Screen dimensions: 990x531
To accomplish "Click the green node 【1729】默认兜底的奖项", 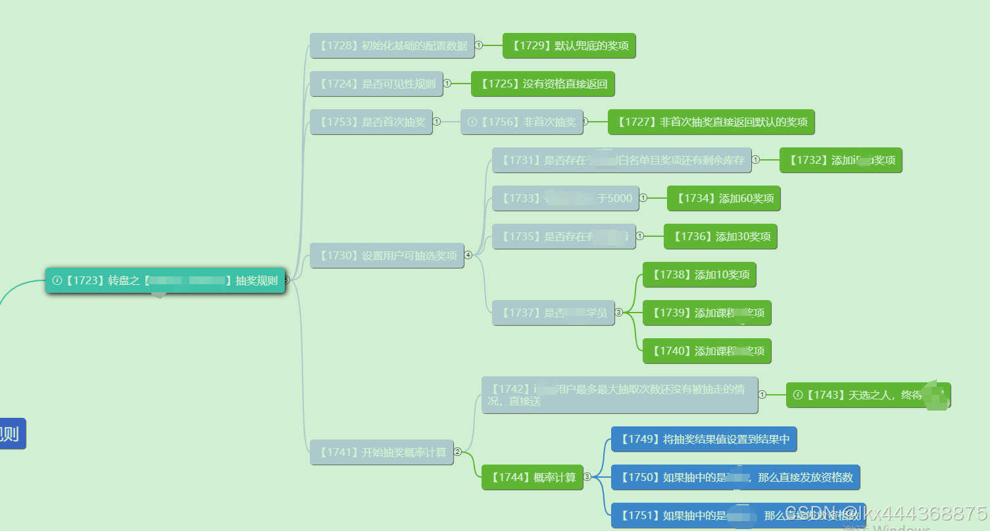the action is (569, 46).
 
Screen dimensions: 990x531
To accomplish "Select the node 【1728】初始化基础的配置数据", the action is (392, 46).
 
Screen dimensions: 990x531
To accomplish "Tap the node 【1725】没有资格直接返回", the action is (543, 84).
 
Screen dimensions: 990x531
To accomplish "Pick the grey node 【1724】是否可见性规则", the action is (376, 84).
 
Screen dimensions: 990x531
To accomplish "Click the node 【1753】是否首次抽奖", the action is (371, 122).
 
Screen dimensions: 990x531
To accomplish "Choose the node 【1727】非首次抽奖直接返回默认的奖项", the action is (711, 122).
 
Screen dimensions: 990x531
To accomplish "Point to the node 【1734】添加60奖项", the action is (724, 198).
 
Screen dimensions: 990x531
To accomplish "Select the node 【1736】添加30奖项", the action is (720, 236).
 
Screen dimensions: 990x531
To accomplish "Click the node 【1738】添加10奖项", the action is (699, 274).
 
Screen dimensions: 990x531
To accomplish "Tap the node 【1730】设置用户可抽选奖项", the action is (387, 255).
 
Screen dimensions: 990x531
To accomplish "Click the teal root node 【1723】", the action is (164, 280).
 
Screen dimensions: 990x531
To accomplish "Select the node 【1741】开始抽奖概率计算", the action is (382, 452).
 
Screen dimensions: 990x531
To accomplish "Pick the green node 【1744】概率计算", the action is (532, 477).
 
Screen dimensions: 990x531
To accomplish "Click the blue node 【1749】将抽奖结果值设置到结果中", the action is (704, 439).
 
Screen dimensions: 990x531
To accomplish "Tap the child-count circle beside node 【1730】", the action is (468, 255).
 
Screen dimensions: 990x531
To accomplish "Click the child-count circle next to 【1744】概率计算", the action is (587, 477).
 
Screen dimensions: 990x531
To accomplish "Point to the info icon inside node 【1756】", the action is (472, 122).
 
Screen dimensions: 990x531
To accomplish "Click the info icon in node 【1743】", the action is (798, 395).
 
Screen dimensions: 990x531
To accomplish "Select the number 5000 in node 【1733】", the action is (619, 198).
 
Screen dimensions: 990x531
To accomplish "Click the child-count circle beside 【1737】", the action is (618, 313).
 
